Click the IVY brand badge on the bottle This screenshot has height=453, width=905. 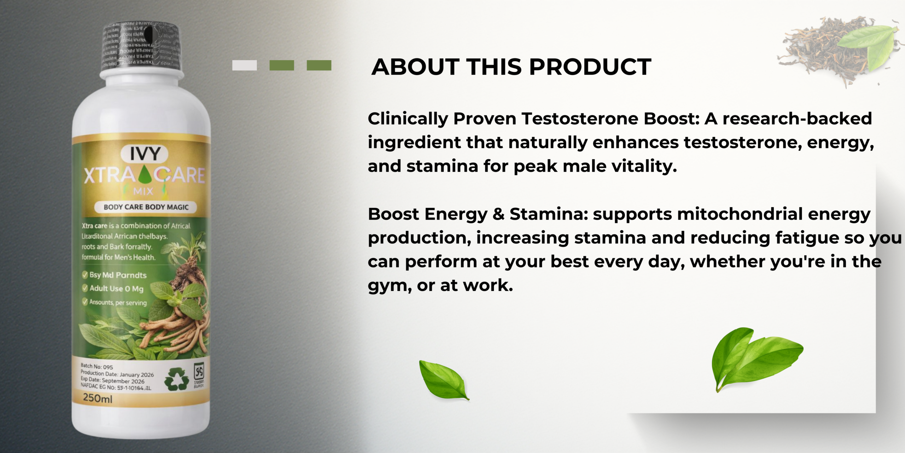145,154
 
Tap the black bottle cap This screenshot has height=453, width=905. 141,46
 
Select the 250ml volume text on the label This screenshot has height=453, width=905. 98,398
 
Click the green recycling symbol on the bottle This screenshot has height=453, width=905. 177,379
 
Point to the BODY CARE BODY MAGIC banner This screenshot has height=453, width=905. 146,207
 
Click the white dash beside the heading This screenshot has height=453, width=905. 244,65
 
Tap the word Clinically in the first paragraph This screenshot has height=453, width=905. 408,119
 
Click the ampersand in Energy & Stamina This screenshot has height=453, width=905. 498,214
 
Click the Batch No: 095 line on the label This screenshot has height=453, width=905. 97,366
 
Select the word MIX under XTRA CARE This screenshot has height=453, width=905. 143,191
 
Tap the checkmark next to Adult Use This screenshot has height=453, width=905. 85,288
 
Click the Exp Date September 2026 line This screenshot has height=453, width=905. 112,380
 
